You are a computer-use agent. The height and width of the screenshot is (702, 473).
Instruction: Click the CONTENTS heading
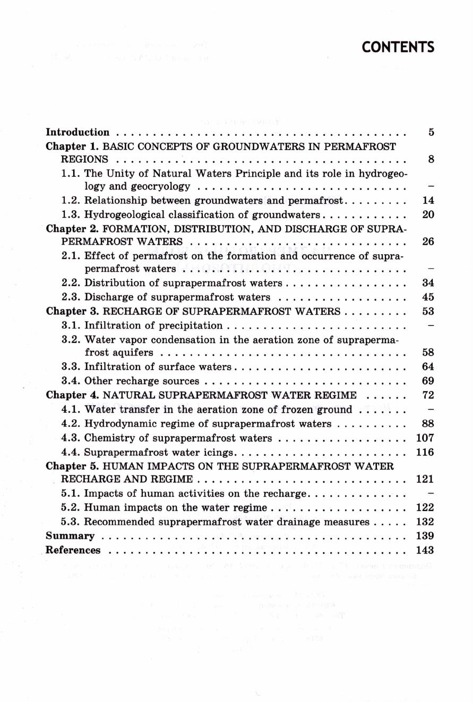click(x=398, y=47)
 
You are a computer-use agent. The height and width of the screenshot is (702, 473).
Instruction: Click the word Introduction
click(x=78, y=132)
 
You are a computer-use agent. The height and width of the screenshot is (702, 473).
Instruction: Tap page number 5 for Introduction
click(x=431, y=132)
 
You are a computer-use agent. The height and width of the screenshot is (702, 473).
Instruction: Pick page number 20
click(x=428, y=214)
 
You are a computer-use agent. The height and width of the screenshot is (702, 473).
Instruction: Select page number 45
click(x=428, y=297)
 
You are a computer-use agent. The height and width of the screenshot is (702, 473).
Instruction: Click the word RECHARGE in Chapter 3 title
click(x=127, y=311)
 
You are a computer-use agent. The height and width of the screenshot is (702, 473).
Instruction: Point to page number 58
click(x=428, y=352)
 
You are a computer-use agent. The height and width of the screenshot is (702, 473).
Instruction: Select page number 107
click(x=425, y=438)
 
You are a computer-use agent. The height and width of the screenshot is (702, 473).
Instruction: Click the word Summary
click(x=70, y=536)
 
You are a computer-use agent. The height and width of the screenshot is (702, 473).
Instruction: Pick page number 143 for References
click(x=425, y=550)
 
